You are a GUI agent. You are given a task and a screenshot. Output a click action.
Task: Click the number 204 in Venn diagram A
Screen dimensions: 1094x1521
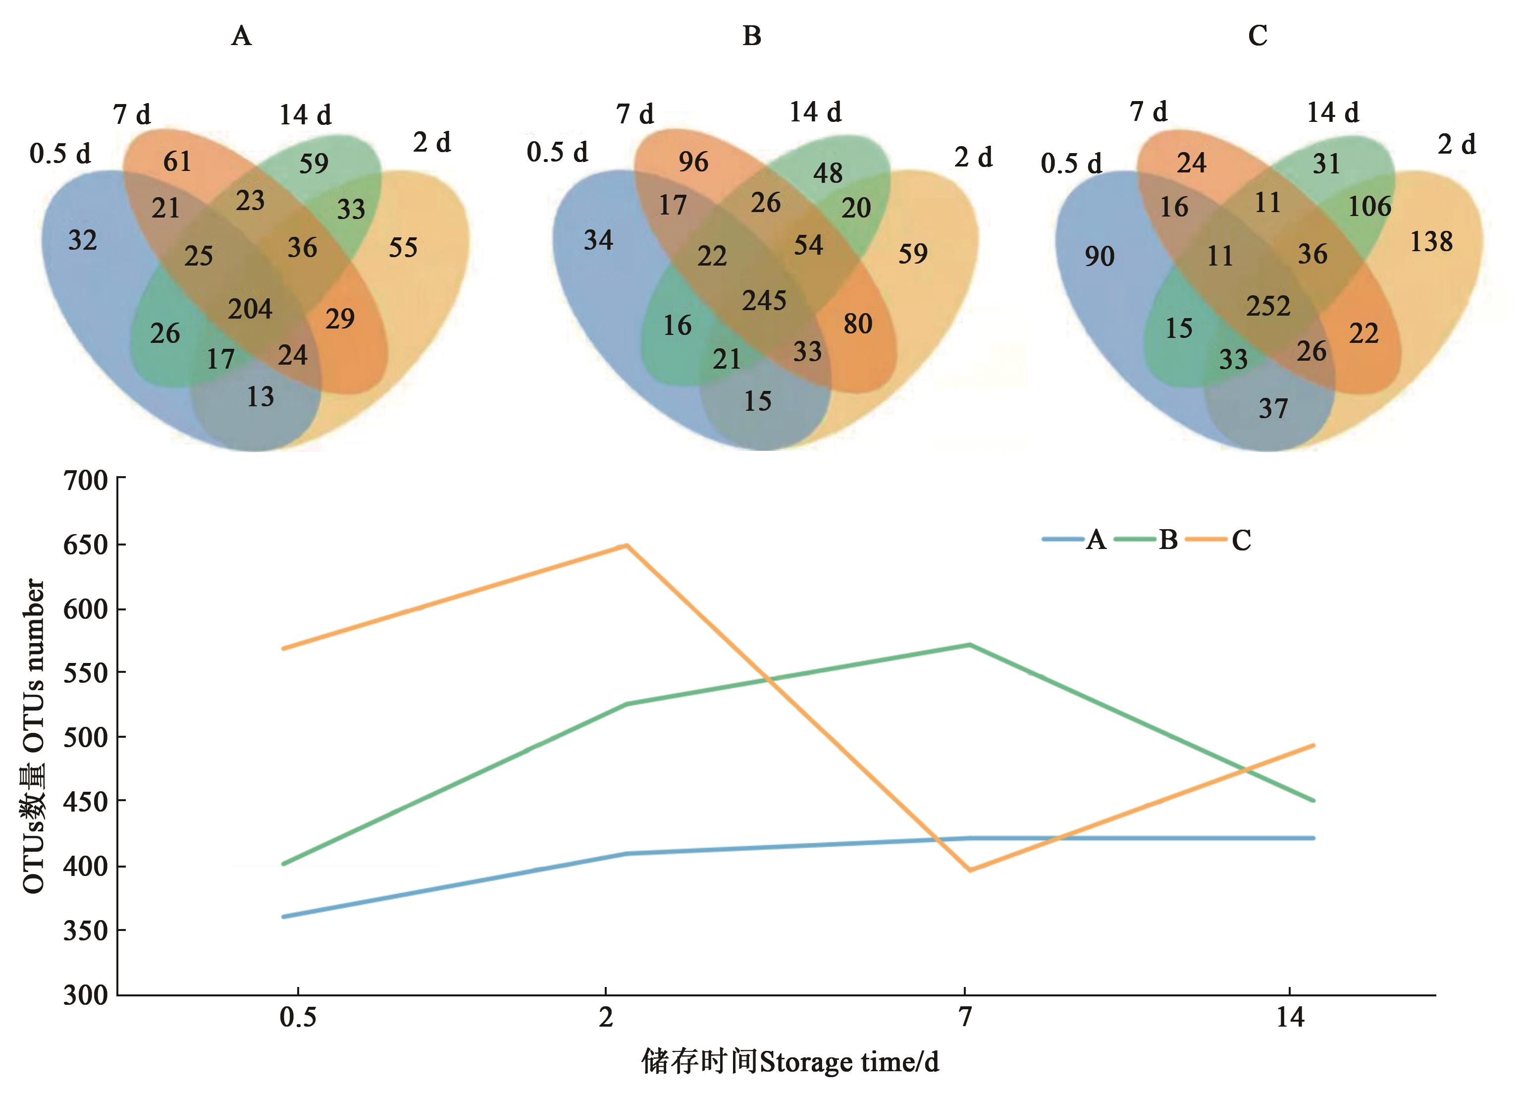tap(250, 309)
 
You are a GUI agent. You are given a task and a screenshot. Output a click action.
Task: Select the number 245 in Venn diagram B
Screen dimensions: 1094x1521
tap(764, 300)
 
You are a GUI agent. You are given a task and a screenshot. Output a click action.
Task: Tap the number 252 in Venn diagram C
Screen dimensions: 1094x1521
tap(1268, 306)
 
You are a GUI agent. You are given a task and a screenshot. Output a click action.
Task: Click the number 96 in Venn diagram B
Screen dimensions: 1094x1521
tap(693, 162)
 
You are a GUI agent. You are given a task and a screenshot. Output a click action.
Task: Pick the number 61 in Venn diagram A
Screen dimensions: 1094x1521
tap(177, 162)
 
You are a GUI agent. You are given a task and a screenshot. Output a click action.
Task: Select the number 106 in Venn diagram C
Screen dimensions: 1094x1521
tap(1369, 207)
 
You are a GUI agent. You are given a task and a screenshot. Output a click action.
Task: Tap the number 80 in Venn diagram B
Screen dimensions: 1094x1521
tap(858, 324)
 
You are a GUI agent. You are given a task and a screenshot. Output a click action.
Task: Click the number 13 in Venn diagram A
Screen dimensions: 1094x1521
tap(260, 397)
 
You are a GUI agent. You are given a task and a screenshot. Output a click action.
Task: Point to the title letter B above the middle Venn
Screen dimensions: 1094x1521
tap(752, 36)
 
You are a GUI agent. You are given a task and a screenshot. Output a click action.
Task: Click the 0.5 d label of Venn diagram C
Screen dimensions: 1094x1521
tap(1071, 164)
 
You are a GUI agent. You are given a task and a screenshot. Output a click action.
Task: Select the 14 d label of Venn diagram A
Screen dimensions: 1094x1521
tap(305, 115)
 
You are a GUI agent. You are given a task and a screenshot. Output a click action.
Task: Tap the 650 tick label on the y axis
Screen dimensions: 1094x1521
tap(85, 545)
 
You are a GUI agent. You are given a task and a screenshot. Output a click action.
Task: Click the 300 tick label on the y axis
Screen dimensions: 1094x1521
tap(85, 995)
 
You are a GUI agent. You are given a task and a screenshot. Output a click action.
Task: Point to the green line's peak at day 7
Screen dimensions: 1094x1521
tap(970, 645)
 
